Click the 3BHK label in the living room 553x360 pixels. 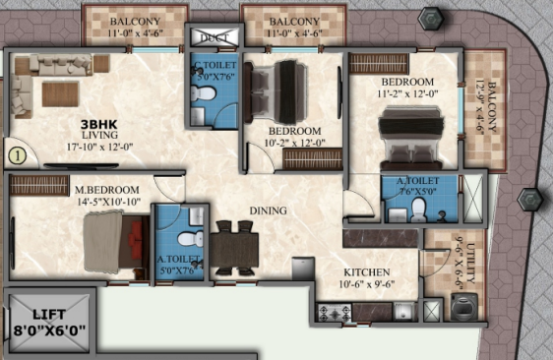(98, 125)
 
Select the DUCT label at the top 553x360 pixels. (212, 37)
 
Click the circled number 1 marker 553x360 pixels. (16, 152)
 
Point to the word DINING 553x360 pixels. (268, 210)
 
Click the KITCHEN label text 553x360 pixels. (366, 271)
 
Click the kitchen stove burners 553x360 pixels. (330, 313)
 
